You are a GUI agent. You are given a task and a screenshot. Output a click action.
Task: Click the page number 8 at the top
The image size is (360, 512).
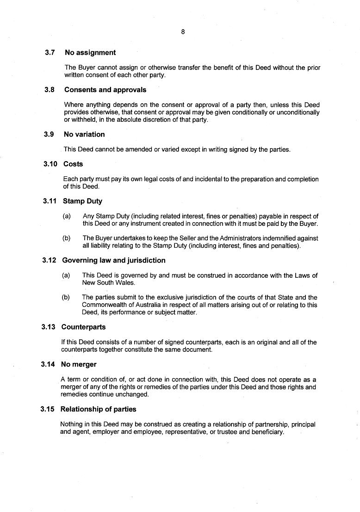click(183, 32)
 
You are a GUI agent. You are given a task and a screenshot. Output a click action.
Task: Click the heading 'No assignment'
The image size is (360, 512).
click(90, 53)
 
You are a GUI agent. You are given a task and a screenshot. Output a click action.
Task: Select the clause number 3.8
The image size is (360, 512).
click(50, 90)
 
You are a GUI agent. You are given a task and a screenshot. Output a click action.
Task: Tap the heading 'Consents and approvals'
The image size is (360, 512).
click(105, 90)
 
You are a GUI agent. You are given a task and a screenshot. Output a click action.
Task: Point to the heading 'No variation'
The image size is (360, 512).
click(84, 134)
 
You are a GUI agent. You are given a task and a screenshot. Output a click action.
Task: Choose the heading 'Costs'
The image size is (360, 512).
click(73, 164)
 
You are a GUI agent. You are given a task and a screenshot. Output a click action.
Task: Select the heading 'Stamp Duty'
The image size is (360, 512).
click(82, 201)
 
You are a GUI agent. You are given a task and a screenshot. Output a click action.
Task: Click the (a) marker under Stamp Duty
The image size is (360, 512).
click(67, 216)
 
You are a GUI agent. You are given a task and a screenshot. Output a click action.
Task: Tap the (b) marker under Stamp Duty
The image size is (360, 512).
click(67, 238)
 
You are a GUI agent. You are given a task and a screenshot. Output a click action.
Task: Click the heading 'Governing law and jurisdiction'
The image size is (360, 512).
click(113, 260)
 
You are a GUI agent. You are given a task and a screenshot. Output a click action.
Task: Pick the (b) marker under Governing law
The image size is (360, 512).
click(66, 297)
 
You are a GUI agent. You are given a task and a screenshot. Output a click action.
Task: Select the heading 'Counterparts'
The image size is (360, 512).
click(83, 327)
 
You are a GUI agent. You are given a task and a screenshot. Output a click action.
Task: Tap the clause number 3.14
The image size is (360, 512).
click(48, 364)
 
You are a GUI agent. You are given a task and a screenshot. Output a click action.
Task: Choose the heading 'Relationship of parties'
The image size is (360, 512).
click(98, 409)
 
